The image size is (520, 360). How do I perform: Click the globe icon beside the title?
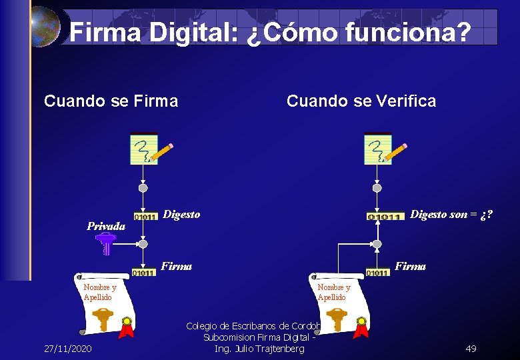click(45, 27)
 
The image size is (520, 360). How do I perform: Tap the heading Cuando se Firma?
click(111, 101)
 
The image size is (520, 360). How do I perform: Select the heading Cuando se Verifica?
click(361, 101)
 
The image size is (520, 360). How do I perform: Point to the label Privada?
click(106, 225)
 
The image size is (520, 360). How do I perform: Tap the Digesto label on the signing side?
click(181, 215)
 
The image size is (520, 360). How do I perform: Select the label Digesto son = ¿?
click(451, 215)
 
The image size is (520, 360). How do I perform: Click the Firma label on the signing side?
click(177, 266)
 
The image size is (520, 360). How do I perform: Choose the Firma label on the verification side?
click(410, 266)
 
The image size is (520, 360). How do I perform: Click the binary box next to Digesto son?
click(386, 216)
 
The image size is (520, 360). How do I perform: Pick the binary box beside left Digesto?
click(145, 216)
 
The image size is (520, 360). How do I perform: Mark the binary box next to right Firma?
click(377, 272)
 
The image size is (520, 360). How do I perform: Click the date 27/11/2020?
click(68, 349)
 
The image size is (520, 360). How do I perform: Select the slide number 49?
click(471, 349)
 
